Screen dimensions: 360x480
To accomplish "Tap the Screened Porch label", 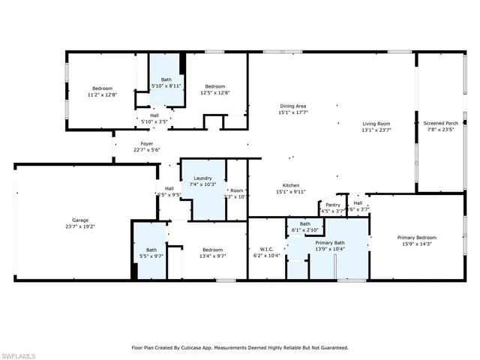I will point(440,123).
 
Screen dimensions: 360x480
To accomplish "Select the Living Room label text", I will point(376,124).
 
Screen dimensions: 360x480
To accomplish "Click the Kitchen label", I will point(291,185).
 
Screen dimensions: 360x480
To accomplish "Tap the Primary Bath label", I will point(329,243).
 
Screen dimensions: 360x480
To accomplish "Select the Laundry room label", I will point(202,178).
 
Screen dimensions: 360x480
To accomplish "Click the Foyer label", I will point(147,143).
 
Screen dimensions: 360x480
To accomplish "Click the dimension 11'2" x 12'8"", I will point(102,94).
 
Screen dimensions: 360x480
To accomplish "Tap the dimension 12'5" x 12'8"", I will point(214,93).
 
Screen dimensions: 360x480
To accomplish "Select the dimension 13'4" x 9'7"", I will point(212,256).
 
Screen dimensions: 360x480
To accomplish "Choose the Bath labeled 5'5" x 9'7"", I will point(151,250).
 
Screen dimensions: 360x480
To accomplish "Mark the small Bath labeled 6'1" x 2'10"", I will point(305,223).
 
